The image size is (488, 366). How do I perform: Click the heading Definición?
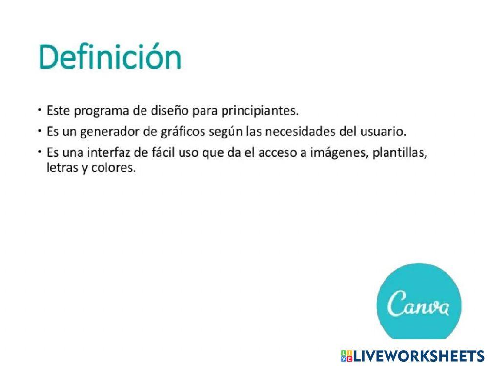point(110,58)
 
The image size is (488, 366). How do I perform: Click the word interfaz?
point(106,153)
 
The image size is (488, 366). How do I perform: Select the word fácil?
point(163,153)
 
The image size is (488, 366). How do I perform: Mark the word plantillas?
point(400,153)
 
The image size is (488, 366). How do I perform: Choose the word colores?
point(113,170)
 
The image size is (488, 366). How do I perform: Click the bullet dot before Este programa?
point(40,110)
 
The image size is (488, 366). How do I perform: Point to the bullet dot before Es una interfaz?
point(40,152)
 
